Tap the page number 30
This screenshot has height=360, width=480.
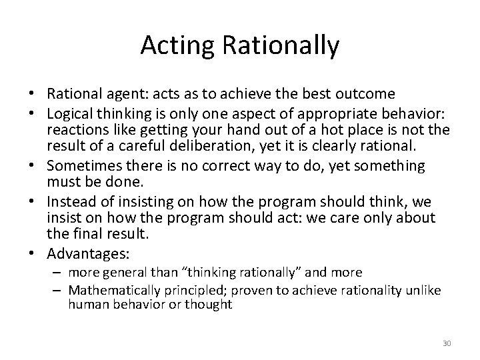447,343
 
